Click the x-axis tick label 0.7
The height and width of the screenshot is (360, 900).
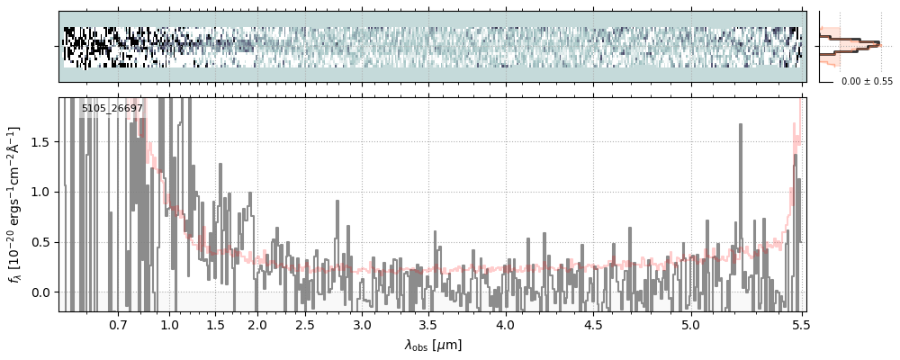[118, 325]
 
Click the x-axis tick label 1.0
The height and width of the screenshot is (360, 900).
[169, 325]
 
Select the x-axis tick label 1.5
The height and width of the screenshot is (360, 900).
[215, 325]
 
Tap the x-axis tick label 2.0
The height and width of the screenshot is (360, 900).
[257, 325]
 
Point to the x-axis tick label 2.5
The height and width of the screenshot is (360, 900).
[305, 325]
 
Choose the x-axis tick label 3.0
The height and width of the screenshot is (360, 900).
[362, 325]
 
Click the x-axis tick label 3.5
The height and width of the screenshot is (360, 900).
[429, 325]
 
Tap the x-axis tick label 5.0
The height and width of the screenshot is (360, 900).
[690, 325]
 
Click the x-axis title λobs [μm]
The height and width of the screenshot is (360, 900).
[433, 345]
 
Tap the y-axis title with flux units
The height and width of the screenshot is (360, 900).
[15, 205]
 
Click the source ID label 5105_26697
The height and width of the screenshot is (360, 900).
[112, 108]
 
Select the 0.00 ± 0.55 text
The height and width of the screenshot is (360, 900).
[867, 82]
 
